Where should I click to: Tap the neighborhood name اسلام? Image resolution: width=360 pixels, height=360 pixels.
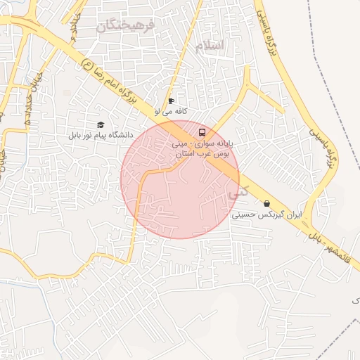(211, 46)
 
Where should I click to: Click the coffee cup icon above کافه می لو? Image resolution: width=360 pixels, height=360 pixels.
(171, 101)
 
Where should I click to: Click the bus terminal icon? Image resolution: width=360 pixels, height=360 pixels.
(202, 131)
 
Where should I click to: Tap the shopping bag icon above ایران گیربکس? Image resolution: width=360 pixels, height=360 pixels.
(266, 204)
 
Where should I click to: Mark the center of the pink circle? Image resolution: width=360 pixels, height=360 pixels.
(180, 179)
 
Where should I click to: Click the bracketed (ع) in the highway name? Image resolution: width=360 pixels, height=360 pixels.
(87, 65)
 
